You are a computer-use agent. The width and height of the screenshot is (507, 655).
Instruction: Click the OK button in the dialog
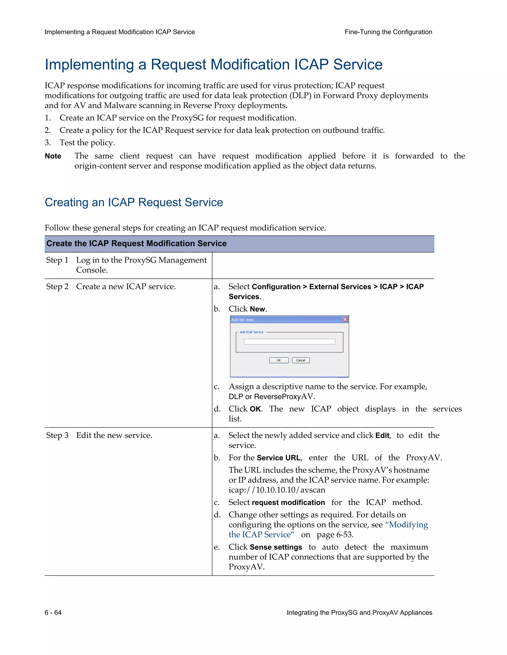[x=279, y=360]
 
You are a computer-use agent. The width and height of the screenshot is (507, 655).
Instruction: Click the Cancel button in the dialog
[x=300, y=360]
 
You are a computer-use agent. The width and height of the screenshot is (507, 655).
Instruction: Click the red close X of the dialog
[x=345, y=319]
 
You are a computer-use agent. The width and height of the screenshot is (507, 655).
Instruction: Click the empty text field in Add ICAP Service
[x=289, y=342]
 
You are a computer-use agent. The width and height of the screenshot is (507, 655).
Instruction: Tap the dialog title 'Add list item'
[x=242, y=320]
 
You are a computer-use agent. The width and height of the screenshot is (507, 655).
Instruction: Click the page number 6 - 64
[x=53, y=612]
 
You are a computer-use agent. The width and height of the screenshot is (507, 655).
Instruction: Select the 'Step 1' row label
[x=57, y=260]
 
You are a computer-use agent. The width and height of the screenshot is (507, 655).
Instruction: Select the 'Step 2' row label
[x=57, y=286]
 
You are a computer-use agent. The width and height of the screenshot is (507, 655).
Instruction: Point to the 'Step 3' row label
[x=57, y=435]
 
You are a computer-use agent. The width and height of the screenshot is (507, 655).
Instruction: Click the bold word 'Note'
[x=53, y=156]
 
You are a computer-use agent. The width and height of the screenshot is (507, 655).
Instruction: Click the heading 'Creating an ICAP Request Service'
[x=134, y=202]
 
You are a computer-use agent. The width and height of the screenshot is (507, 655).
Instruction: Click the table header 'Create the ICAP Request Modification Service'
[x=136, y=243]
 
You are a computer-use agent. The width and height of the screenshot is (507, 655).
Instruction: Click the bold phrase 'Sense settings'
[x=276, y=547]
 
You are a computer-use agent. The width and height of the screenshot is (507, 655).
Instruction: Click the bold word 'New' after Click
[x=257, y=309]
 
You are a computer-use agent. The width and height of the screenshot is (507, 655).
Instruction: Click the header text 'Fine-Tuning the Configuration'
[x=388, y=32]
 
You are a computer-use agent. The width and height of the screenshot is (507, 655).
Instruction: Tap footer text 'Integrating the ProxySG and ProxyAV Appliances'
[x=359, y=612]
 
